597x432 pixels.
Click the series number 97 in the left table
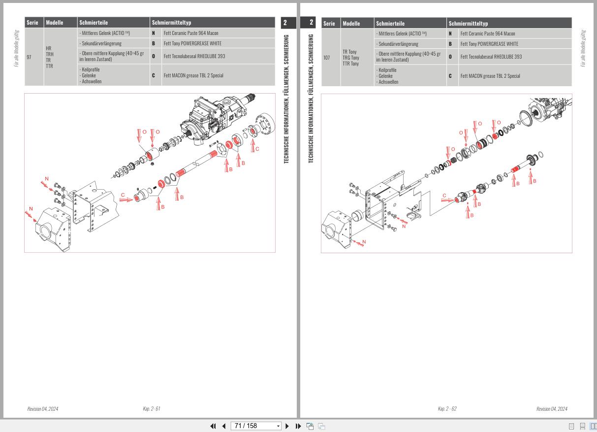(x=29, y=57)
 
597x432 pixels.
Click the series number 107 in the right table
(x=327, y=58)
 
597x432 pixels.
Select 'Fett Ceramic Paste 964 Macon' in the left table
(x=190, y=33)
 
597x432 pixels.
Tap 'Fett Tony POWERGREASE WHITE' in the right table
(x=489, y=44)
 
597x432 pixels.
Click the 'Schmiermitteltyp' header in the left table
(x=171, y=23)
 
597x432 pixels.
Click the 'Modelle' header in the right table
(x=351, y=23)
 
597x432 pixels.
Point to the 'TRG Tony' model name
(x=350, y=58)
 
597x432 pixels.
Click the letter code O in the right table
(x=450, y=57)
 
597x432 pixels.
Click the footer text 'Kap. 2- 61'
(x=151, y=409)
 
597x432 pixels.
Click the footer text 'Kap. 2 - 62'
(x=447, y=409)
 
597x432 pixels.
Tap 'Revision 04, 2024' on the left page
(x=42, y=409)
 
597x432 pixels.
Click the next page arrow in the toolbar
(x=287, y=426)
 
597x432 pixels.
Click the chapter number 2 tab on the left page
(x=285, y=23)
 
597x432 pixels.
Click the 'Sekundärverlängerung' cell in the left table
(x=101, y=43)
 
